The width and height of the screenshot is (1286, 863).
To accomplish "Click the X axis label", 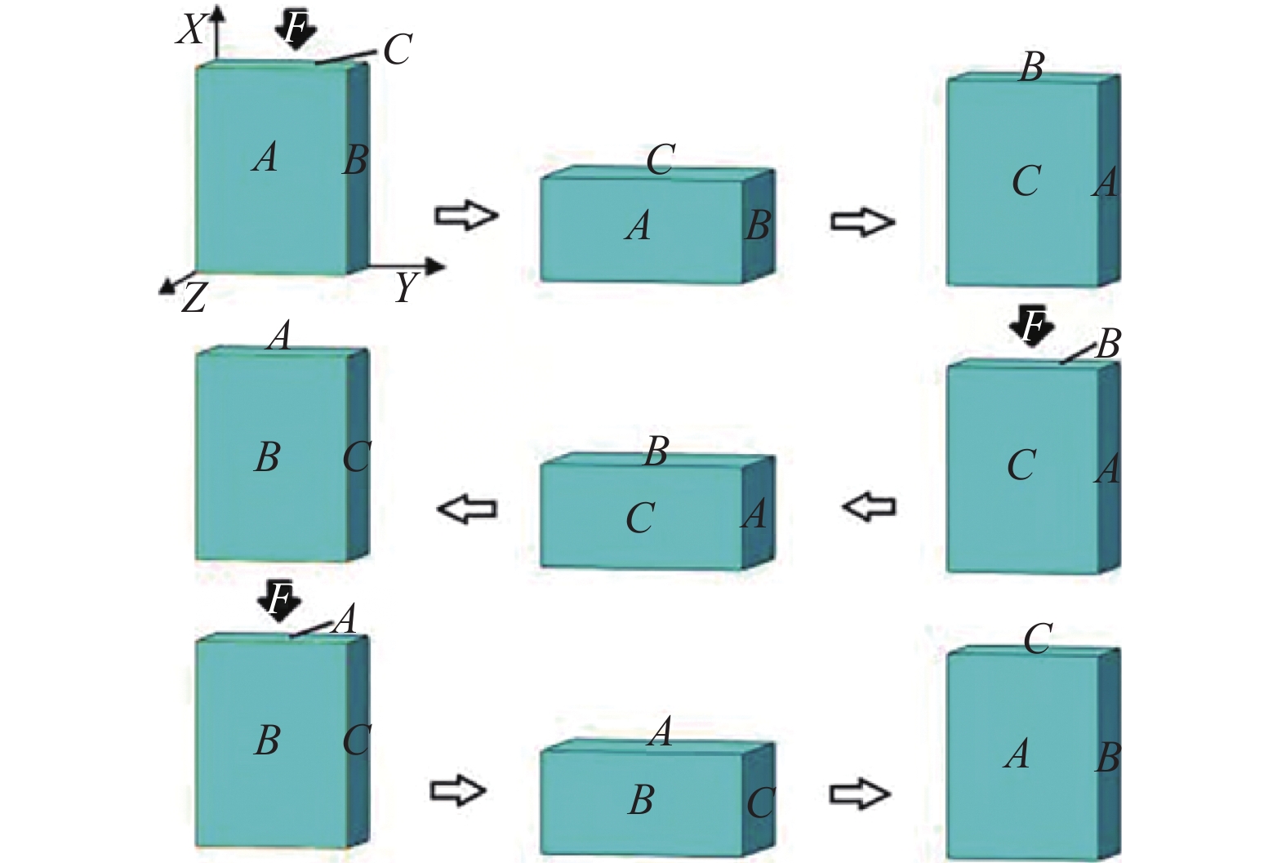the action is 190,30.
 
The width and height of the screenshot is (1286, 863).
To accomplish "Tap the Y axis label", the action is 407,287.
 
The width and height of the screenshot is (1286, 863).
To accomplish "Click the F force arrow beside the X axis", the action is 295,29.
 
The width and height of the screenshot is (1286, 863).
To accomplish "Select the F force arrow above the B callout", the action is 1031,327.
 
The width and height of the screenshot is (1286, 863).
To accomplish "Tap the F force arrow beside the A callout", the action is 279,601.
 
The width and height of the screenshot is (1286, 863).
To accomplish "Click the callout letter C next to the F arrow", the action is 398,49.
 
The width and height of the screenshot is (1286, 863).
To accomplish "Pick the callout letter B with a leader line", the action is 1107,345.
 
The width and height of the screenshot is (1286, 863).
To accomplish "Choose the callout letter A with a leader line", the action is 344,619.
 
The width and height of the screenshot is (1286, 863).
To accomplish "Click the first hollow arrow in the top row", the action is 466,216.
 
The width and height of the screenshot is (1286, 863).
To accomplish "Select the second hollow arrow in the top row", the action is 862,221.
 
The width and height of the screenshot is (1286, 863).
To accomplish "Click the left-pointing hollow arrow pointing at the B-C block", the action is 466,509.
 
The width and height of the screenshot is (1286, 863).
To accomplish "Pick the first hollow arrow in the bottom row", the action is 457,790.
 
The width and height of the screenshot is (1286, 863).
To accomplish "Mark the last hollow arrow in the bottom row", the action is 860,794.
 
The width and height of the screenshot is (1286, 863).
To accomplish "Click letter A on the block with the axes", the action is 265,158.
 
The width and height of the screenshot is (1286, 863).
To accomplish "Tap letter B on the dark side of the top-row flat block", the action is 758,225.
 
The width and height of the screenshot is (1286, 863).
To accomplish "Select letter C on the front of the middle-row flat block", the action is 640,518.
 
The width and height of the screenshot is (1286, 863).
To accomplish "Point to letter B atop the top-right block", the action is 1031,67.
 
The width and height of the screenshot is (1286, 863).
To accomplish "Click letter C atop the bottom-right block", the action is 1038,638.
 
